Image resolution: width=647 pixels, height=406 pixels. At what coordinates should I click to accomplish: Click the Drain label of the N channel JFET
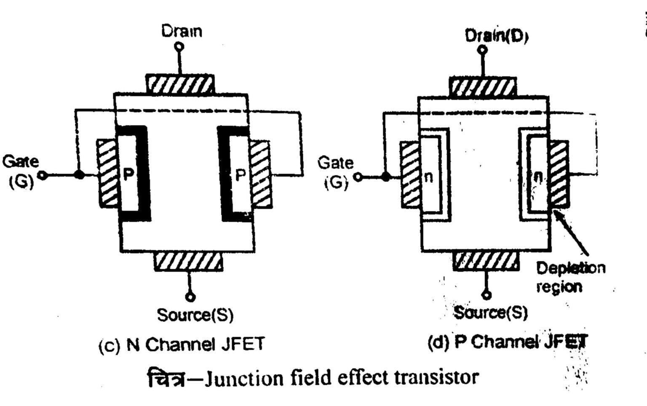tap(182, 31)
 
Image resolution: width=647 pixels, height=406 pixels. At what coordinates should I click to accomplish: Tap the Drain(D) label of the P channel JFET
tap(496, 36)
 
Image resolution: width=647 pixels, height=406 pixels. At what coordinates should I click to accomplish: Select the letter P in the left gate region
tap(129, 174)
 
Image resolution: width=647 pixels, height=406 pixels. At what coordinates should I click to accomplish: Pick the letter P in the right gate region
tap(240, 175)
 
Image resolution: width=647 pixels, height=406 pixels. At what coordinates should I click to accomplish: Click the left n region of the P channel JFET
tap(428, 176)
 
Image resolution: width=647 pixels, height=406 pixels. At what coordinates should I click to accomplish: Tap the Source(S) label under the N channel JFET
tap(195, 315)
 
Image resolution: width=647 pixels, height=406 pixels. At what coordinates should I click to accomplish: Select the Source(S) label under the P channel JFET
tap(491, 313)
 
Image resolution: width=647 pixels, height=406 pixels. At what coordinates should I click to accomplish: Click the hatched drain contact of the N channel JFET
tap(180, 85)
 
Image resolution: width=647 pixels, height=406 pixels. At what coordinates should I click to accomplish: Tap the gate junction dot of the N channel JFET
tap(79, 174)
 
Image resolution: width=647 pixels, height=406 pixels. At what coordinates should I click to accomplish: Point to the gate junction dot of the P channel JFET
tap(385, 177)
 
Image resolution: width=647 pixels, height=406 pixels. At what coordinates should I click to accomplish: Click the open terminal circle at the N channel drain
tap(180, 46)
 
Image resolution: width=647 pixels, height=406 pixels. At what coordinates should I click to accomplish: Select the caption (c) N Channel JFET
tap(182, 345)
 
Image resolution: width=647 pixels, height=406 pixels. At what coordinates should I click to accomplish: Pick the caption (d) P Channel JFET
tap(507, 342)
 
